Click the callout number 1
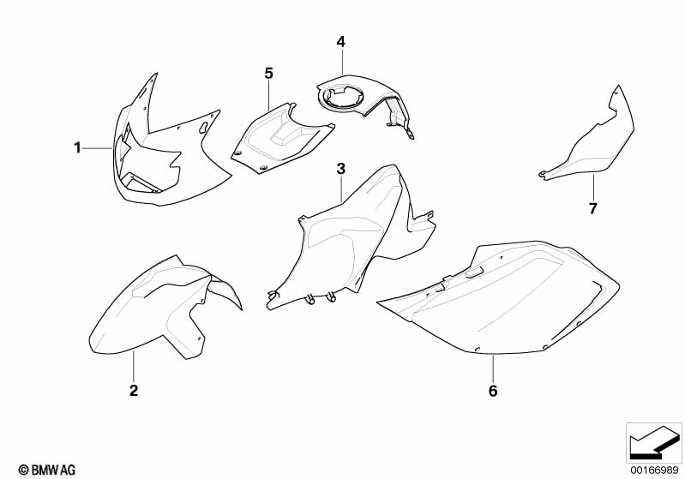point(77,148)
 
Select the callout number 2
point(134,390)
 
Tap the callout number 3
point(340,169)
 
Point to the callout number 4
point(340,42)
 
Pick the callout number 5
point(268,74)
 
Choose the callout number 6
point(493,391)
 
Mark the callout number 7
point(592,209)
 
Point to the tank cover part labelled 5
point(279,140)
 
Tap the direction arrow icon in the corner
point(653,443)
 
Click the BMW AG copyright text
point(47,470)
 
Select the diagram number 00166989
point(654,470)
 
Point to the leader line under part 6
point(493,368)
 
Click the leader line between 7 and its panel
point(593,188)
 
